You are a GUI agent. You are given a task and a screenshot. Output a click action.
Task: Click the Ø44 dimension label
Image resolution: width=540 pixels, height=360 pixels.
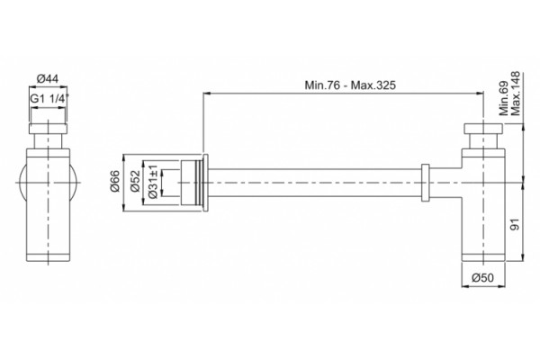pyautogui.click(x=48, y=79)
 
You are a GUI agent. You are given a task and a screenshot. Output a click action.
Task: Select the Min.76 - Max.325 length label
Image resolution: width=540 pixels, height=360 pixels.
pyautogui.click(x=350, y=85)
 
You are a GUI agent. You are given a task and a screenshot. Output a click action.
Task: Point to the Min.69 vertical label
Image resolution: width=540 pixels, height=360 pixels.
pyautogui.click(x=504, y=98)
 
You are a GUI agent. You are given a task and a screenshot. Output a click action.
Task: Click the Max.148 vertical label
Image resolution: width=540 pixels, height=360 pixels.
pyautogui.click(x=515, y=94)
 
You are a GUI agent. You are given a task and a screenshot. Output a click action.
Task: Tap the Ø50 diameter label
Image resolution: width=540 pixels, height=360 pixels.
pyautogui.click(x=482, y=277)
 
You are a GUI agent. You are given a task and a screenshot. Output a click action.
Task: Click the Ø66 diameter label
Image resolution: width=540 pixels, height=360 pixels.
pyautogui.click(x=114, y=181)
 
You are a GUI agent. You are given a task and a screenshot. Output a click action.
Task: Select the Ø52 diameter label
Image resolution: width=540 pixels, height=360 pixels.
pyautogui.click(x=135, y=181)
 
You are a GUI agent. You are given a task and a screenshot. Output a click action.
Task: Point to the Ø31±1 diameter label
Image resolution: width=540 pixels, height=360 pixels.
pyautogui.click(x=153, y=182)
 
